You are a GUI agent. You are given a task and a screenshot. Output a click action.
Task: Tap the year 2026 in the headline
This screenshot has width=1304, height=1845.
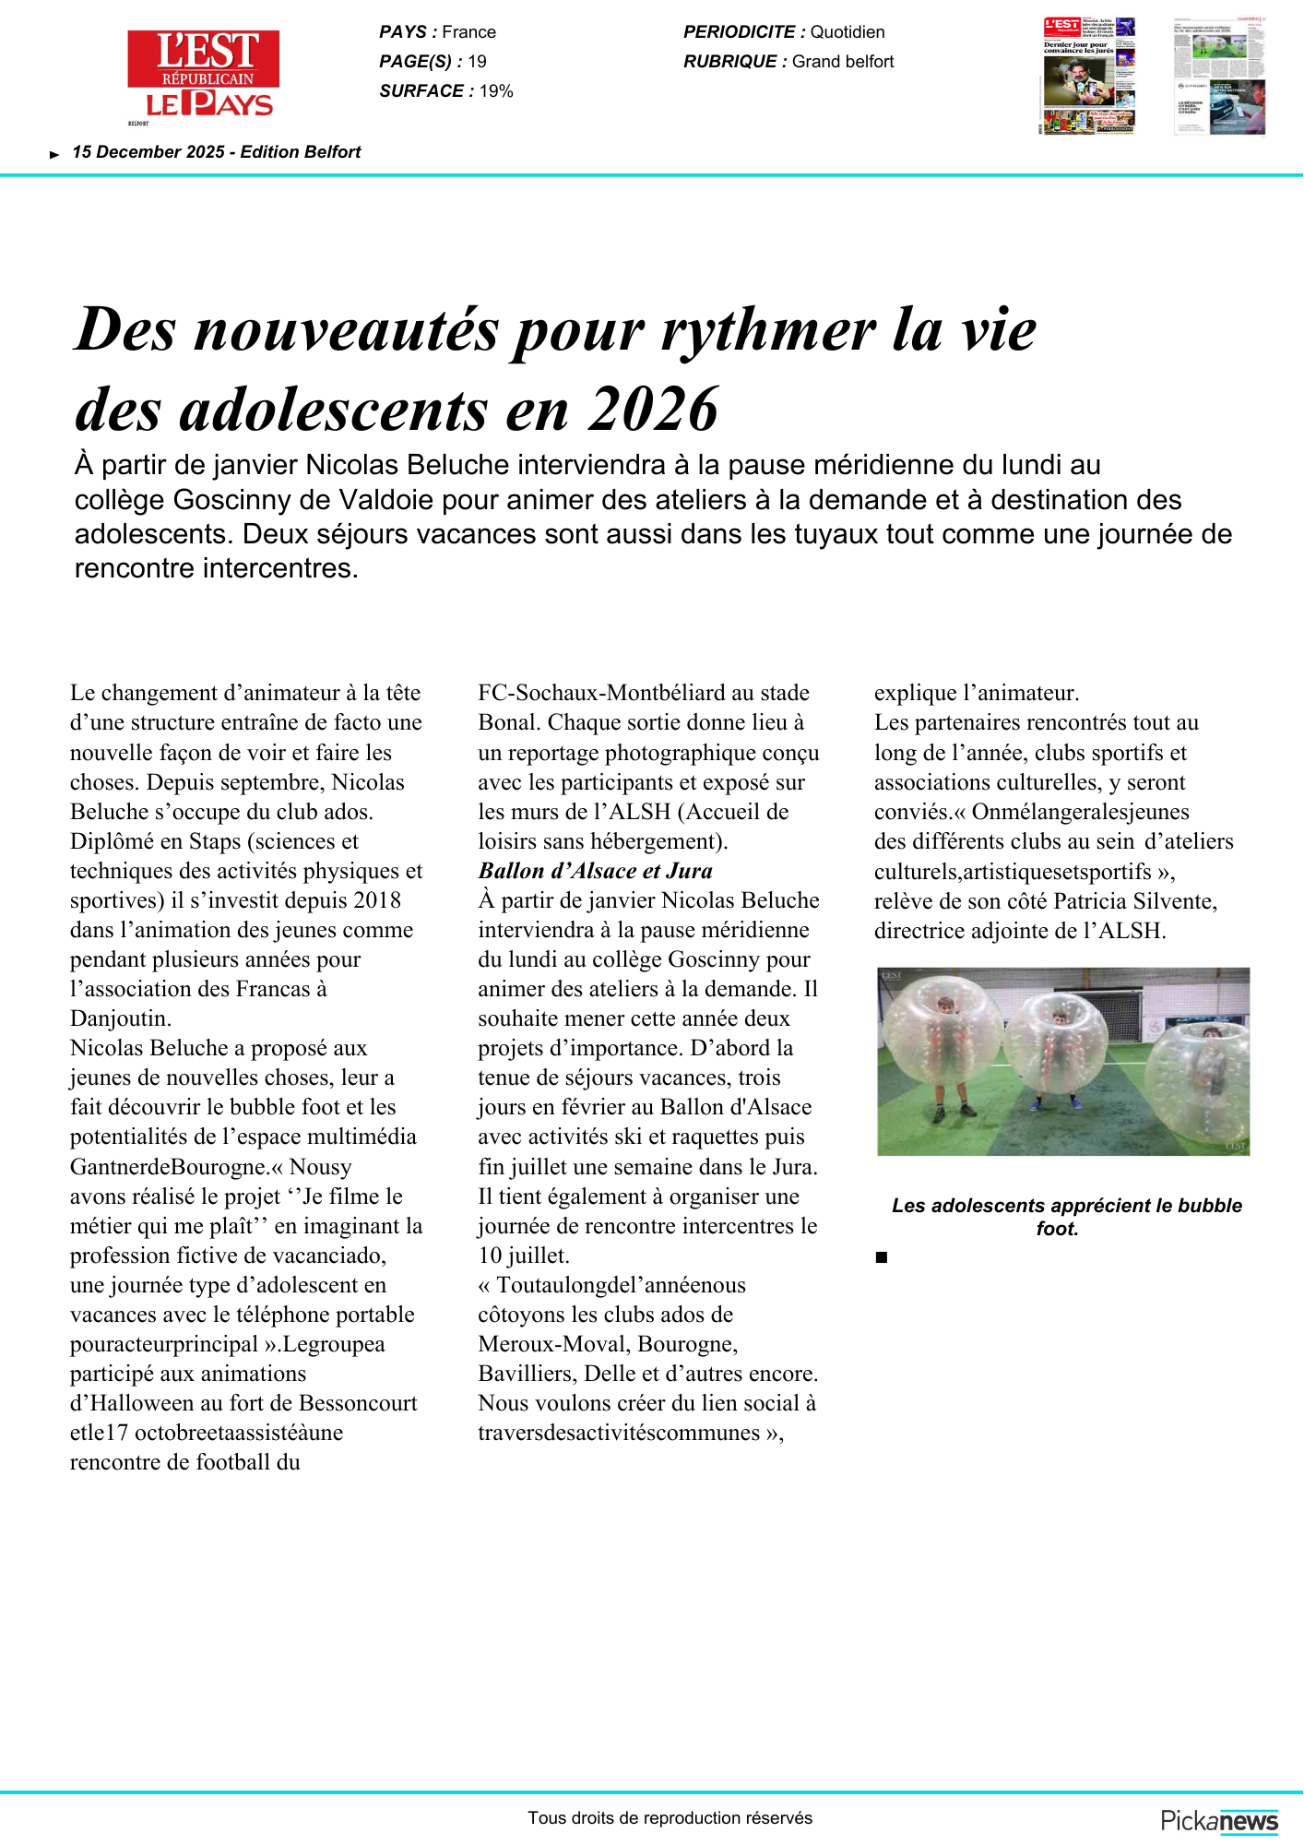pyautogui.click(x=653, y=409)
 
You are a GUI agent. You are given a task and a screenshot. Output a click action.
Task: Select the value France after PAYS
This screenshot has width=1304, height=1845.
pyautogui.click(x=468, y=32)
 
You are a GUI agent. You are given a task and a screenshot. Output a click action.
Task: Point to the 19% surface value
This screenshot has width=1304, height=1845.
pyautogui.click(x=496, y=91)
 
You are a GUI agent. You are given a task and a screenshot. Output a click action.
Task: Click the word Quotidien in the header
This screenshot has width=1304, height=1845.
pyautogui.click(x=848, y=32)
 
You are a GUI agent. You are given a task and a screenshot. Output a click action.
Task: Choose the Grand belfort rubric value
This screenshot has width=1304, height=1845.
pyautogui.click(x=843, y=62)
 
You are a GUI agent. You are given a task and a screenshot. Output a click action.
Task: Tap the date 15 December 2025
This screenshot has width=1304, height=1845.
pyautogui.click(x=148, y=152)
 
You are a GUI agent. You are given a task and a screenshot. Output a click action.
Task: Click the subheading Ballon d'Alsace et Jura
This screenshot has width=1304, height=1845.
pyautogui.click(x=595, y=871)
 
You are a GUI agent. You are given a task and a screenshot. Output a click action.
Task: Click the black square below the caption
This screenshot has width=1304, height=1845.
pyautogui.click(x=882, y=1257)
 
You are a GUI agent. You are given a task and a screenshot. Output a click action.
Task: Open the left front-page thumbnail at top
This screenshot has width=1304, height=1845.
pyautogui.click(x=1089, y=76)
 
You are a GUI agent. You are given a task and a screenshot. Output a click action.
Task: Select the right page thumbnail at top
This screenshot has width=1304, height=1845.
pyautogui.click(x=1219, y=76)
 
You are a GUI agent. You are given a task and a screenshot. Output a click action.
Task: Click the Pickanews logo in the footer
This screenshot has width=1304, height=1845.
pyautogui.click(x=1219, y=1821)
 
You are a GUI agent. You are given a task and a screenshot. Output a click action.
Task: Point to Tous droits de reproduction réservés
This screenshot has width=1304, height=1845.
pyautogui.click(x=670, y=1818)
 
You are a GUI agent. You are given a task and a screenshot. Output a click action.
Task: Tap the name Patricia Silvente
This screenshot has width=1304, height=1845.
pyautogui.click(x=1133, y=901)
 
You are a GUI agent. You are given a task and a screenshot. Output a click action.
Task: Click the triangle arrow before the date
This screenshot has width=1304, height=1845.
pyautogui.click(x=54, y=154)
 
